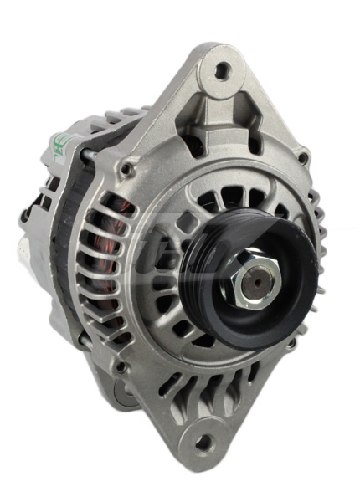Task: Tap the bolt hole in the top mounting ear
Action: [221, 71]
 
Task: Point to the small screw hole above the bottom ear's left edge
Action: [122, 366]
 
